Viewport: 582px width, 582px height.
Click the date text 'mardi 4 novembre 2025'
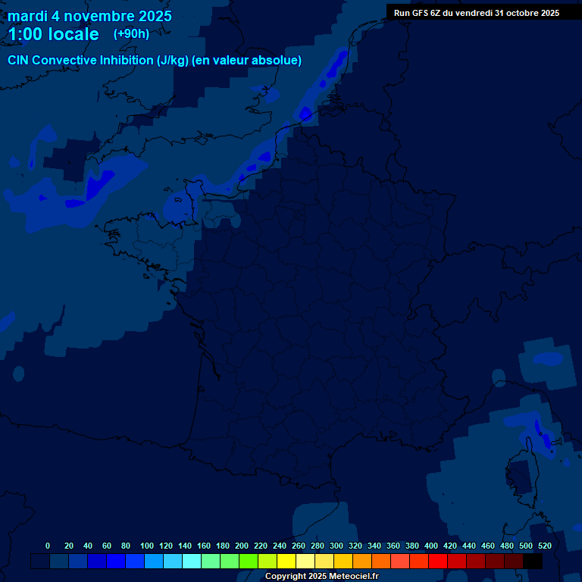coord(89,16)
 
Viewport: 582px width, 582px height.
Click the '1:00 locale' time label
coord(54,34)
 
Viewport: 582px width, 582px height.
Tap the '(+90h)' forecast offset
coord(131,34)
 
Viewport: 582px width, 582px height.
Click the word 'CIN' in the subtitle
coord(18,61)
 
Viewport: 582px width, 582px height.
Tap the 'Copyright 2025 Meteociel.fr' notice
coord(321,577)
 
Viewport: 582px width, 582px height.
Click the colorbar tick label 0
coord(48,546)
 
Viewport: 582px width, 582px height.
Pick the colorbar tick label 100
coord(146,546)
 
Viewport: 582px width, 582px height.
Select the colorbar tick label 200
coord(242,546)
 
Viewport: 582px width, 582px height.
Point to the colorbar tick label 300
coord(336,546)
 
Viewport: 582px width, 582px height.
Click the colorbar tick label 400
coord(431,546)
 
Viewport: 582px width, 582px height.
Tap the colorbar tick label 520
coord(544,546)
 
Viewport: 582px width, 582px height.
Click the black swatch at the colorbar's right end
coord(533,561)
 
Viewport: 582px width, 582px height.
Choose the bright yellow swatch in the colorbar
coord(286,561)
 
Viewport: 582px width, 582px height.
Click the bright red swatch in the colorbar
coord(438,561)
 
